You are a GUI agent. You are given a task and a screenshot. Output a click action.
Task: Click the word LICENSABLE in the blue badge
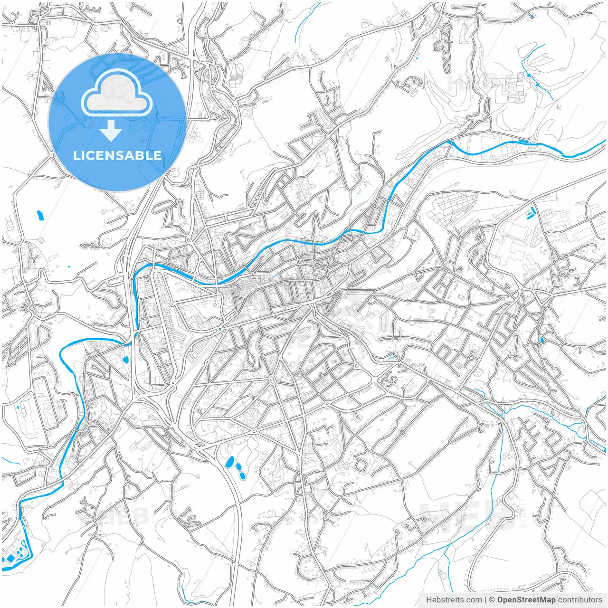point(117,155)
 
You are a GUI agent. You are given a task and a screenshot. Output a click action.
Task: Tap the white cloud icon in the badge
point(116,95)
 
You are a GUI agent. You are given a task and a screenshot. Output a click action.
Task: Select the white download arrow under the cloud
point(111,130)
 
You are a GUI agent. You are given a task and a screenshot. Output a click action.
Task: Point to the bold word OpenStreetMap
point(526,600)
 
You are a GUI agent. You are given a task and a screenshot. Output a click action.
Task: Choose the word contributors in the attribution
point(580,600)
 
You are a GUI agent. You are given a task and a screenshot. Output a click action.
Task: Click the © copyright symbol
point(492,600)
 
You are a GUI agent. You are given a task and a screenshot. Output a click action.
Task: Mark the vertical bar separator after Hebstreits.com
point(485,600)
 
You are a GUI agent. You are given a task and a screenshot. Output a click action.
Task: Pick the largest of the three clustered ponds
point(230,461)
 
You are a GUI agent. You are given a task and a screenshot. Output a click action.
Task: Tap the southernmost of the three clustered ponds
point(243,475)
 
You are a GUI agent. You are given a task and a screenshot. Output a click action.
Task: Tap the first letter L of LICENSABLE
point(76,155)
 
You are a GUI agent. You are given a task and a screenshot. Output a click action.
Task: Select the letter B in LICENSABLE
point(139,155)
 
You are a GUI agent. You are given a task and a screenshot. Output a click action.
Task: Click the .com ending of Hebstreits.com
point(474,600)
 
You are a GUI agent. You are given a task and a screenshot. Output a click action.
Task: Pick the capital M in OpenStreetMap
point(541,600)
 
